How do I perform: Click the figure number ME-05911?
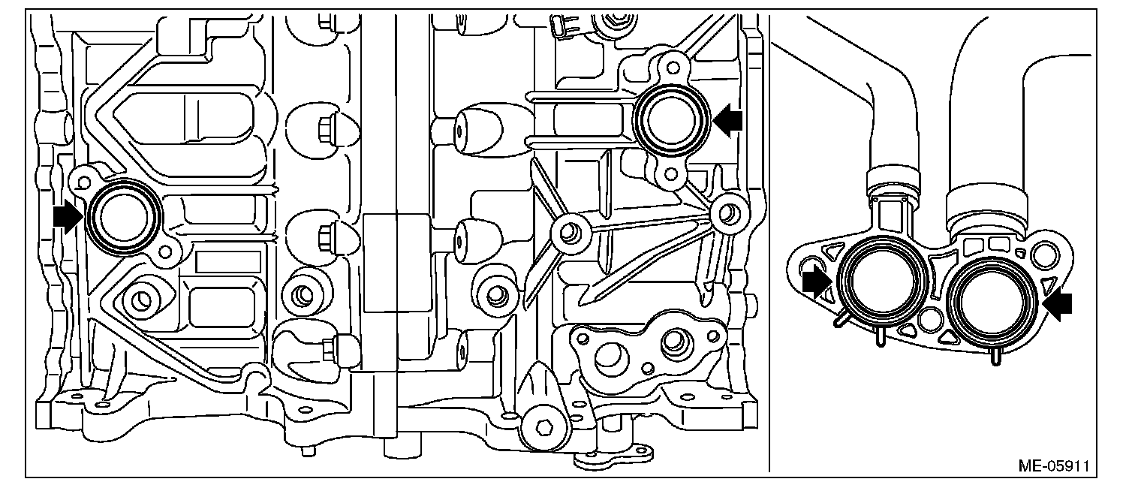(1053, 465)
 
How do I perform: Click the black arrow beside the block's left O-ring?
(68, 218)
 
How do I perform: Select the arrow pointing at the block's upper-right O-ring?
(727, 119)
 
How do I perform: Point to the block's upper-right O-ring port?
(670, 121)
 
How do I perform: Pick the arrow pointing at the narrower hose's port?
(817, 282)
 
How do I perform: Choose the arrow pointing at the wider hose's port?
(1058, 303)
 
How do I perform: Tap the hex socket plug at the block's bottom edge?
(546, 430)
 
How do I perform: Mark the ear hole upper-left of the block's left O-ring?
(83, 180)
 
